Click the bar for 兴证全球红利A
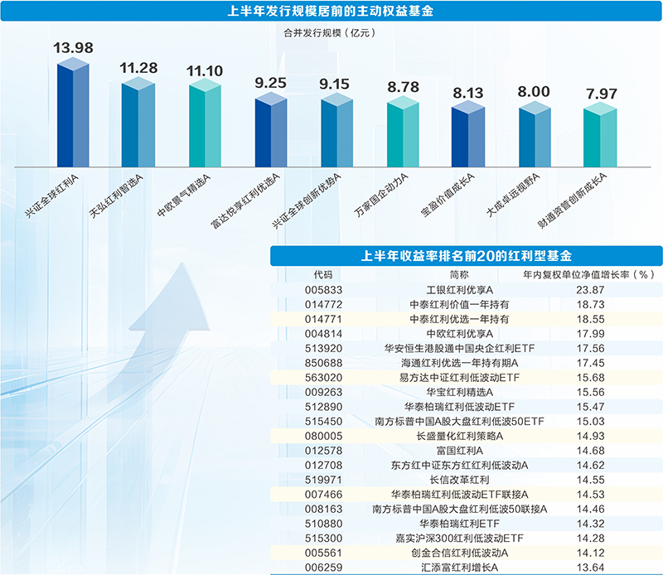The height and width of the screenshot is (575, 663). tap(73, 113)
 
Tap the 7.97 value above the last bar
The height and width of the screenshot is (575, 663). tap(600, 93)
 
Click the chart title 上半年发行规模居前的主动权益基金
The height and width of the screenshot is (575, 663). tap(331, 12)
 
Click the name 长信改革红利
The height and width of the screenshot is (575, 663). tap(459, 479)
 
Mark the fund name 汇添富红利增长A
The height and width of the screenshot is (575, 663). tap(459, 567)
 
